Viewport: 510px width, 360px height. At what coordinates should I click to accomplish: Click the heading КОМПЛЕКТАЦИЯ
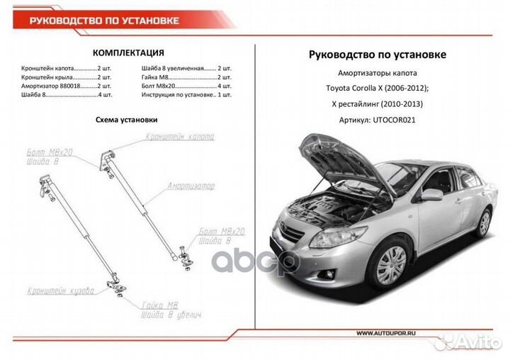[128, 53]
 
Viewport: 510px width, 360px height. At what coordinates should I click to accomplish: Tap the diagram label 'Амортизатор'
[191, 186]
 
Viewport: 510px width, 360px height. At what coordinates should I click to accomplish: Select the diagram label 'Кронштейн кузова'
[61, 291]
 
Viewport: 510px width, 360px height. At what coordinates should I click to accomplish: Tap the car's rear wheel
[484, 223]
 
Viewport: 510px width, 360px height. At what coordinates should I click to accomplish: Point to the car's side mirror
[431, 194]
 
